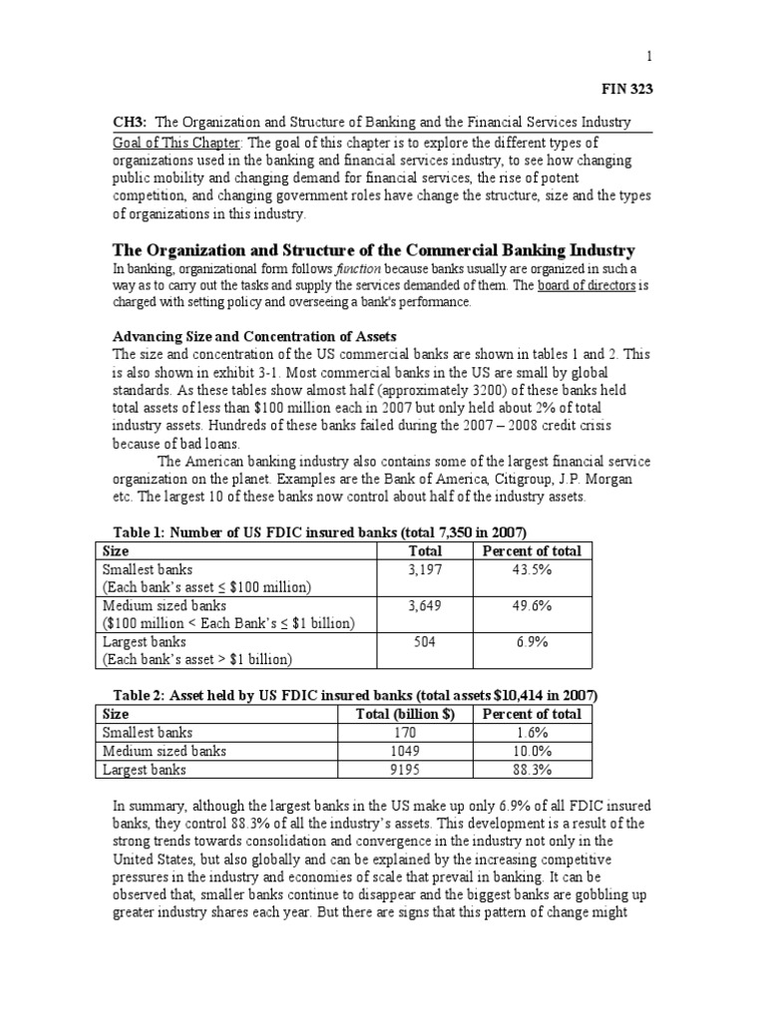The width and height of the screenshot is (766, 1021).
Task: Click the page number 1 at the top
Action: coord(648,58)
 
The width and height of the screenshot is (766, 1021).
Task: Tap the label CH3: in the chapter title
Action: coord(128,122)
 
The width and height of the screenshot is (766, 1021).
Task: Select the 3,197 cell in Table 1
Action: coord(426,568)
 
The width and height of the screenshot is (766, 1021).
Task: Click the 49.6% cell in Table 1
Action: coord(531,605)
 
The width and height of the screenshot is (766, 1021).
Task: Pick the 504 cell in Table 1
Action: coord(426,642)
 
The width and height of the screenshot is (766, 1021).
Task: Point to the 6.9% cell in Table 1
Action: coord(531,642)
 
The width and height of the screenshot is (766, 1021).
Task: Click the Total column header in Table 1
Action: coord(426,550)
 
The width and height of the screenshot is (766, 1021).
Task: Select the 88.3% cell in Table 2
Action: coord(531,769)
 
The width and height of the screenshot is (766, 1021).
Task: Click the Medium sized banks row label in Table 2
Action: coord(165,751)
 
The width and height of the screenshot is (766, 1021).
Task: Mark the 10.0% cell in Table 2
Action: coord(531,751)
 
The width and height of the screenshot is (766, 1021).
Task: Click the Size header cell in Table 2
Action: coord(117,714)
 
